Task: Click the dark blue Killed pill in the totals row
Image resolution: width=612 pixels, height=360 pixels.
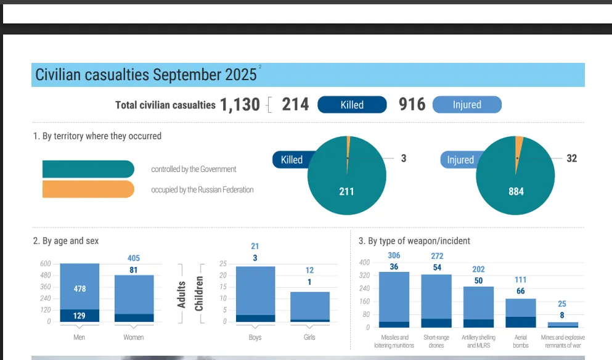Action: coord(352,105)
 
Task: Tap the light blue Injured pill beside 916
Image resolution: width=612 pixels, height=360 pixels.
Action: coord(467,105)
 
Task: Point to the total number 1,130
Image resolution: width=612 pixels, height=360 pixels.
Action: coord(240,105)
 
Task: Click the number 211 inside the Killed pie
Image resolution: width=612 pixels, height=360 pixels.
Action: coord(346,192)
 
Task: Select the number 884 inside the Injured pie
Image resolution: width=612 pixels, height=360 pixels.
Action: coord(516,192)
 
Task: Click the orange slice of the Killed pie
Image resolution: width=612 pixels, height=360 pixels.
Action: coord(348,145)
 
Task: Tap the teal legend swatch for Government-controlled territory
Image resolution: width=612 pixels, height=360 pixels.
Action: coord(88,169)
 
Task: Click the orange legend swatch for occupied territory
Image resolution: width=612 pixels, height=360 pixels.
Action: coord(88,189)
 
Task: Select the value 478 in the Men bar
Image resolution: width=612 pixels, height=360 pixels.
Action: coord(80,288)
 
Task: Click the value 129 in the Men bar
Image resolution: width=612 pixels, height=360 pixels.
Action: coord(80,316)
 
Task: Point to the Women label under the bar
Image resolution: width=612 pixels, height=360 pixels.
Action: coord(134,337)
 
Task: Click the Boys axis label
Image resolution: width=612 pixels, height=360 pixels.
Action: coord(255,337)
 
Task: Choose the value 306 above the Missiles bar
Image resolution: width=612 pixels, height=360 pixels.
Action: coord(394,256)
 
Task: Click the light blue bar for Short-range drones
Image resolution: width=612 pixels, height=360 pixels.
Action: coord(436,296)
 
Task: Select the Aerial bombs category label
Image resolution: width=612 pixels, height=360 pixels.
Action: coord(521,341)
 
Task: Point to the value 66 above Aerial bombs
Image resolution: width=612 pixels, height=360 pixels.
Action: coord(521,291)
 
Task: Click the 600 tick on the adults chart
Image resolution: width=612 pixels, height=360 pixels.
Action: coord(46,264)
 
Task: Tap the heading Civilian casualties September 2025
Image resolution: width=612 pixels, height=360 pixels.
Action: coord(146,75)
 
